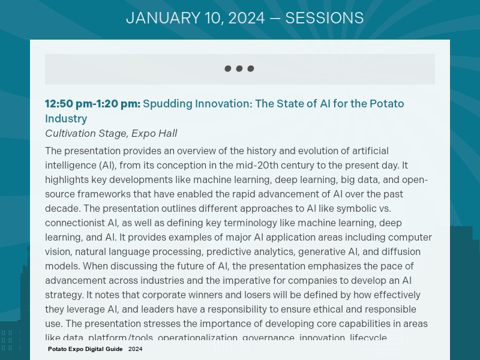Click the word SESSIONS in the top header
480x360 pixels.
point(324,18)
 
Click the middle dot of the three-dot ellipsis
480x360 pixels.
point(239,68)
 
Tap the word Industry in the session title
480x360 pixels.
point(66,119)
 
